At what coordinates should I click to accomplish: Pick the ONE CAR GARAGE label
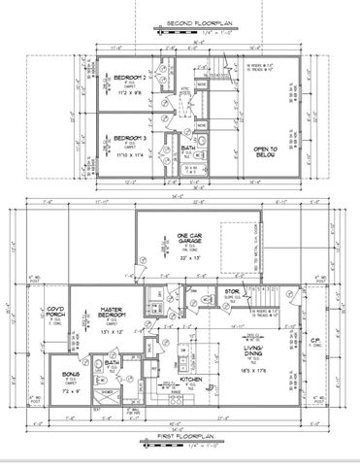pyautogui.click(x=187, y=238)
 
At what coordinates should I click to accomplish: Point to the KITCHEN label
pyautogui.click(x=190, y=380)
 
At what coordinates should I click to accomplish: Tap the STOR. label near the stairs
pyautogui.click(x=233, y=290)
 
